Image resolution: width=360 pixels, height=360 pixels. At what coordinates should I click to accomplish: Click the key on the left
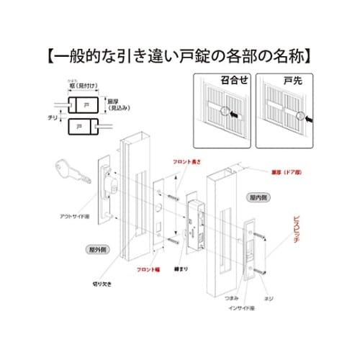click(x=73, y=173)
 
